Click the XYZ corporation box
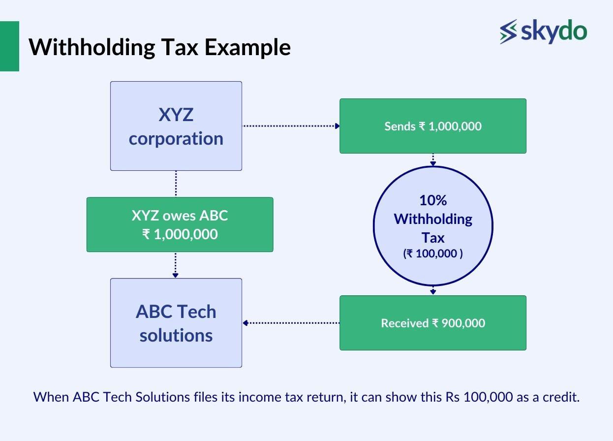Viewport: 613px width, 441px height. [x=176, y=126]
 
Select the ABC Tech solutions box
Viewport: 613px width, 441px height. [x=176, y=323]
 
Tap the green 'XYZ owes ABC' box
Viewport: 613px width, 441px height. [x=180, y=224]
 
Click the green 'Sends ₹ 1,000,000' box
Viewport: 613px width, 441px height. [x=433, y=126]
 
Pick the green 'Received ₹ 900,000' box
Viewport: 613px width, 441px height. [x=433, y=323]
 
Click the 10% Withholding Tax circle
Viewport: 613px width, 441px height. [x=433, y=226]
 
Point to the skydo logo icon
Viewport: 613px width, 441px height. [x=508, y=31]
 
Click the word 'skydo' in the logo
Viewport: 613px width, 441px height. [x=553, y=31]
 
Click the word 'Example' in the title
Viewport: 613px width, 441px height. [x=247, y=47]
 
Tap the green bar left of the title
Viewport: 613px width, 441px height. [x=9, y=46]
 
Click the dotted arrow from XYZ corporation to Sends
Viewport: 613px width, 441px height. [x=290, y=126]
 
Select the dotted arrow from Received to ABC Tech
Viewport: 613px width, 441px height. [x=290, y=323]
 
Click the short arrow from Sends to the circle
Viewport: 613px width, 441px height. [x=433, y=159]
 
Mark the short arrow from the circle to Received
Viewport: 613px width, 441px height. [x=433, y=290]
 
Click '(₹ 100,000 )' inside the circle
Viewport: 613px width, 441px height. [x=433, y=254]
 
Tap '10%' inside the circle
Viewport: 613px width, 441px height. [x=433, y=200]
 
